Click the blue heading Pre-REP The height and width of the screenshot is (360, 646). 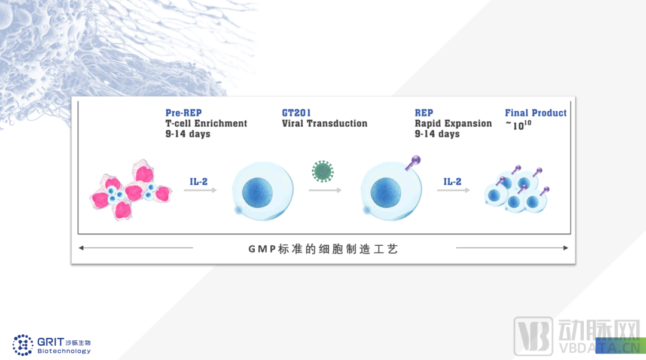click(x=184, y=113)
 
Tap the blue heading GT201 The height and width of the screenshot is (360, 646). click(x=296, y=113)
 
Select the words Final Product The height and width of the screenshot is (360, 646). click(x=535, y=113)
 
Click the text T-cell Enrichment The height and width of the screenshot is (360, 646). click(x=206, y=124)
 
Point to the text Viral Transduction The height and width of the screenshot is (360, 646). click(x=324, y=124)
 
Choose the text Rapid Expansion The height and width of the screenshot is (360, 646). click(x=453, y=124)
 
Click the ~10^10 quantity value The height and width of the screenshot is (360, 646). click(x=518, y=125)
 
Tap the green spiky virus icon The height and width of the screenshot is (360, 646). click(x=322, y=172)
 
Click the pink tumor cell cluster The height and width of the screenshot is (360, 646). click(x=130, y=190)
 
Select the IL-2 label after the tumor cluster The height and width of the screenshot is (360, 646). click(x=199, y=182)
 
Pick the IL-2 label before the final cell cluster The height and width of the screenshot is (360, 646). click(x=452, y=182)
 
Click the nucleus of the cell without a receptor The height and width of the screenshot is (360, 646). click(x=257, y=193)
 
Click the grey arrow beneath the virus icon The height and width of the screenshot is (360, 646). click(x=325, y=190)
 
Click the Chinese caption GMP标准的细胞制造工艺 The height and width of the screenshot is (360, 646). click(x=323, y=249)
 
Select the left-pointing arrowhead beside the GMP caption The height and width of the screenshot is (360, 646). click(x=81, y=248)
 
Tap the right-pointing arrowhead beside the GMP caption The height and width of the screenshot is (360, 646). click(x=566, y=248)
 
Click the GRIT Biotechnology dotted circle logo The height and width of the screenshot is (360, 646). click(x=23, y=345)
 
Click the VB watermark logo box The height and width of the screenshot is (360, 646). click(x=533, y=336)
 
